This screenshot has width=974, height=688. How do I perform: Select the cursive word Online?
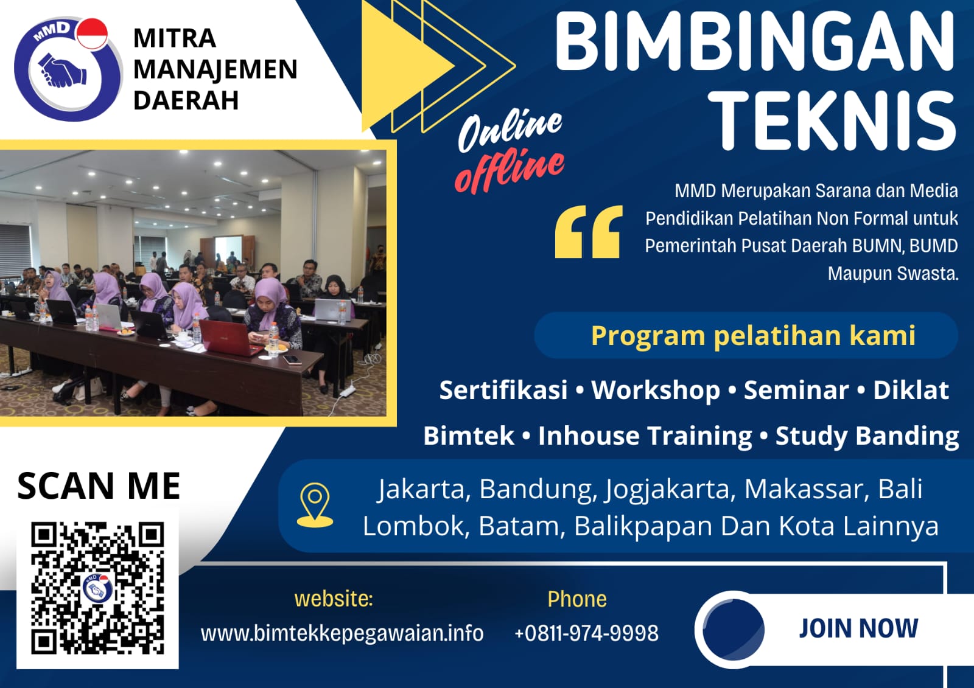click(510, 129)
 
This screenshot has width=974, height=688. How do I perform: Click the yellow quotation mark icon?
click(589, 232)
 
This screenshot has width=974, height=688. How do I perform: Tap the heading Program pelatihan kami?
click(753, 335)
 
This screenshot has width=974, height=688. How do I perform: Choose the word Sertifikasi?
click(503, 390)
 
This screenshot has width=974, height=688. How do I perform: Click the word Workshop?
click(656, 390)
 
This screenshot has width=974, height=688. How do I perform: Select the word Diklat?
click(911, 390)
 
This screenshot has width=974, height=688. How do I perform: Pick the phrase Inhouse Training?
click(645, 436)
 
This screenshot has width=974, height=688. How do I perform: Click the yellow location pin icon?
click(315, 505)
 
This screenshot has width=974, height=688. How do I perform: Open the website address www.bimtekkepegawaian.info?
click(342, 633)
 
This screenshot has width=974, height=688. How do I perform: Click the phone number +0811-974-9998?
click(586, 633)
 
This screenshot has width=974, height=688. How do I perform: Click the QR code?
click(97, 588)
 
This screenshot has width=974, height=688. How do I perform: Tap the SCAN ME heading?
click(99, 486)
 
